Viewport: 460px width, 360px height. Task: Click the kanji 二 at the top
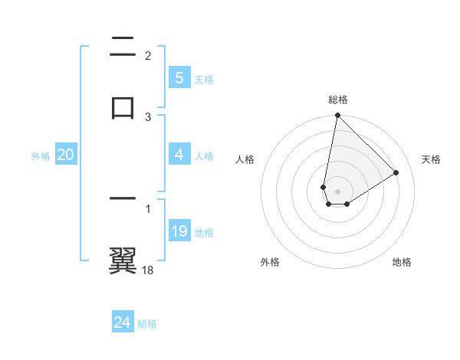tap(123, 48)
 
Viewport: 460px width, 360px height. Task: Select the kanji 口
tap(123, 107)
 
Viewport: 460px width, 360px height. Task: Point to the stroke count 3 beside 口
tap(148, 116)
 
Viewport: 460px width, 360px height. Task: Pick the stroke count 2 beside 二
tap(148, 56)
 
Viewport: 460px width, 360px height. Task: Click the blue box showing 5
tap(179, 78)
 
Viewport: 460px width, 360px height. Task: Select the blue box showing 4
tap(179, 155)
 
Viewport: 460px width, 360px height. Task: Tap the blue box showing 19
tap(179, 231)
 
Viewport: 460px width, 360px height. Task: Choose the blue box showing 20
tap(66, 155)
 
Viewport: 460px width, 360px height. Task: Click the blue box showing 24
tap(122, 322)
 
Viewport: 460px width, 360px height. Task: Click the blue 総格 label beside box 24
tap(147, 324)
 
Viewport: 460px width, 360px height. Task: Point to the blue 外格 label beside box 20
tap(41, 156)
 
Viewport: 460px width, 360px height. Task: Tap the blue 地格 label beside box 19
tap(205, 233)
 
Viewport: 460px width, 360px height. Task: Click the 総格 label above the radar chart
tap(338, 100)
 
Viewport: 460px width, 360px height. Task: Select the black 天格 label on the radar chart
tap(432, 159)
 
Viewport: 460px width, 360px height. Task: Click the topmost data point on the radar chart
tap(337, 116)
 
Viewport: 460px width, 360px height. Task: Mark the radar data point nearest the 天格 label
tap(396, 172)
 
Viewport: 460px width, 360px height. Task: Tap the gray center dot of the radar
tap(338, 191)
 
